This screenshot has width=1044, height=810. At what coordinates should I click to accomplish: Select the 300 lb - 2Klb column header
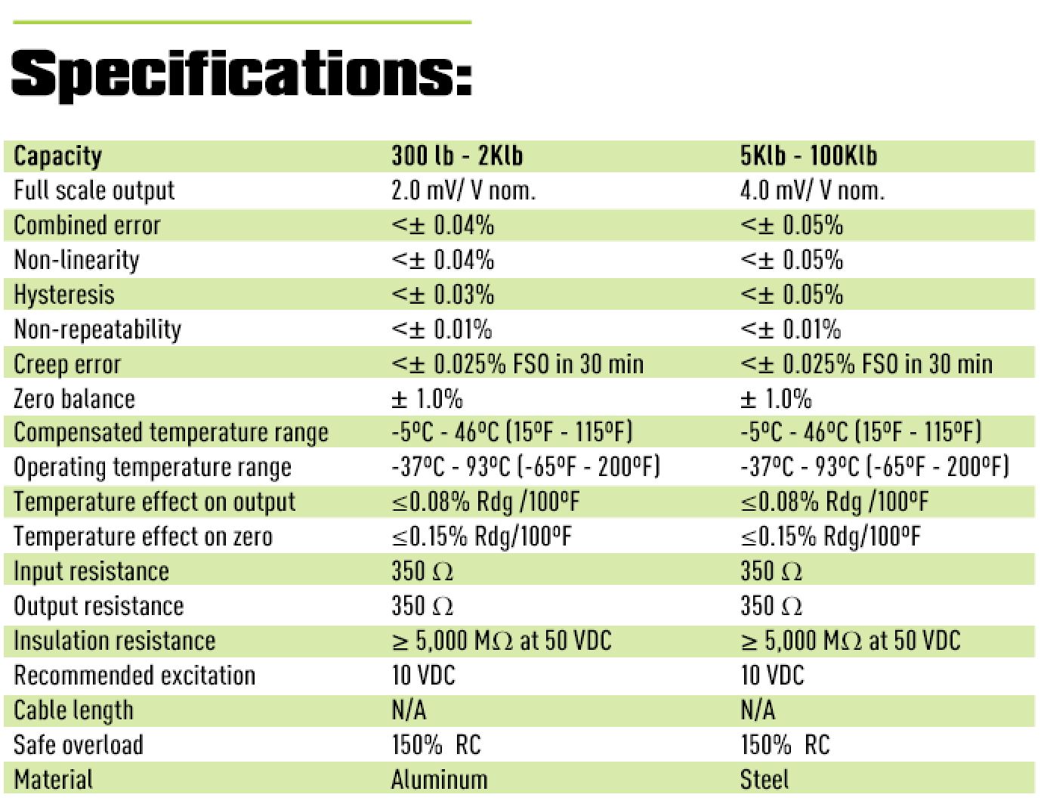point(457,156)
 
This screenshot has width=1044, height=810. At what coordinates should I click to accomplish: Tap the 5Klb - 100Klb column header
point(808,156)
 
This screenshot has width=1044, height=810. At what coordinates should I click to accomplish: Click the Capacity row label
point(57,156)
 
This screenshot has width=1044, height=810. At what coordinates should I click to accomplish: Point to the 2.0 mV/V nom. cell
point(463,190)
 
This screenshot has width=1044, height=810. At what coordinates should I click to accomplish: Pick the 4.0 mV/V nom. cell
point(812,190)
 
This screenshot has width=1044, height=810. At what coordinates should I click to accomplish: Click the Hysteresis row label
point(64,295)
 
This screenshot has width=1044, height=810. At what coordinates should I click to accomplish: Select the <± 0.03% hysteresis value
point(443,295)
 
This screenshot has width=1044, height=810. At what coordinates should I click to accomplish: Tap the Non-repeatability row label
point(97,329)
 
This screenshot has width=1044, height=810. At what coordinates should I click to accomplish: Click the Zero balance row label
point(74,399)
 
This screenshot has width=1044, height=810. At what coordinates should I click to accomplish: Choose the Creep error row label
point(67,364)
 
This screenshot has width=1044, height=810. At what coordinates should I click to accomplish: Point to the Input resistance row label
point(91,571)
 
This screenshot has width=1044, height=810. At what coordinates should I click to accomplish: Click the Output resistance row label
point(99,606)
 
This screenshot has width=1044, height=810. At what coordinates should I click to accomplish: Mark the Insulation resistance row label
point(115,641)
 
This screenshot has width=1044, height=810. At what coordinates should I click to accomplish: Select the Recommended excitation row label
point(134,676)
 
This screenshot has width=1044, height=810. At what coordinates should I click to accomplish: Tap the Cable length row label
point(73,710)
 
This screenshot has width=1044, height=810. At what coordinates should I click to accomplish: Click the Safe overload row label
point(79,745)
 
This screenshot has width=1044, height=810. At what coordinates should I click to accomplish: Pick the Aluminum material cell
point(440,780)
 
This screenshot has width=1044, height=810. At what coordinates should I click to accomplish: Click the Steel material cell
point(764,780)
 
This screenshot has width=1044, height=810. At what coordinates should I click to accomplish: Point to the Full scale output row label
point(94,190)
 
